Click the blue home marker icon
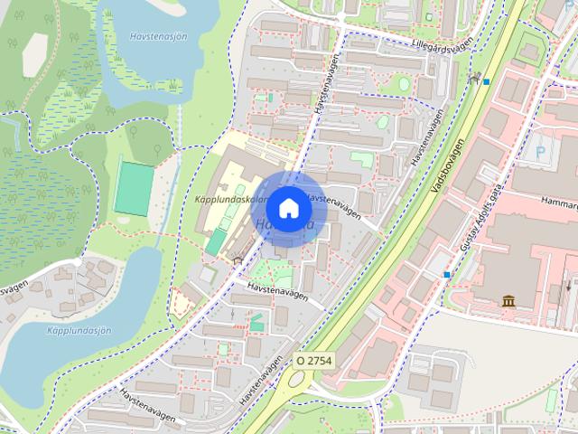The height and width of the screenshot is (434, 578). coord(287,208)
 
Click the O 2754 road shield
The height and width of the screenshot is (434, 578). coord(313,360)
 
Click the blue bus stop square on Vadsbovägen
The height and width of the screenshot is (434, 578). coord(487,82)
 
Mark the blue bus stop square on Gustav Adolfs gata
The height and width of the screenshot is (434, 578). coord(447,274)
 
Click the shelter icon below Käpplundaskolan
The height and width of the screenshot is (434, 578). coord(238,260)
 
